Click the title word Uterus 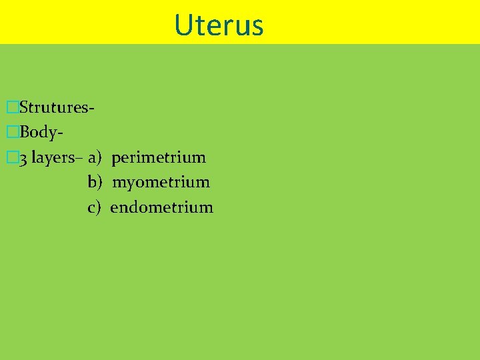coord(219,25)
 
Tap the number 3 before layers coord(23,159)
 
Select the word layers coord(52,158)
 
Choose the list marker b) coord(94,182)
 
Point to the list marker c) coord(94,207)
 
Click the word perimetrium coord(159,158)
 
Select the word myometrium coord(161,182)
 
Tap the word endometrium coord(161,207)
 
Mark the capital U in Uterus coord(182,25)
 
